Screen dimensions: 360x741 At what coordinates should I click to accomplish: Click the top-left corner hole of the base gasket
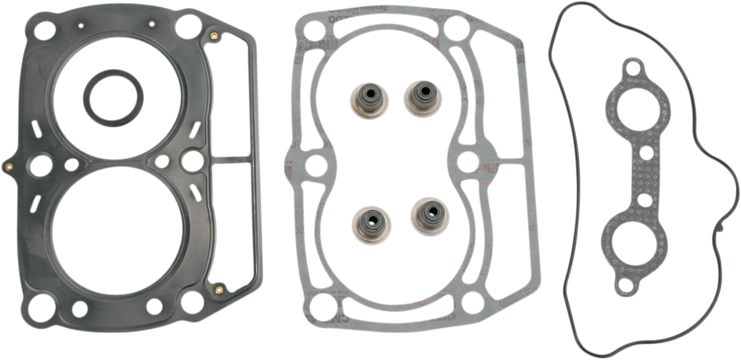click(312, 27)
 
